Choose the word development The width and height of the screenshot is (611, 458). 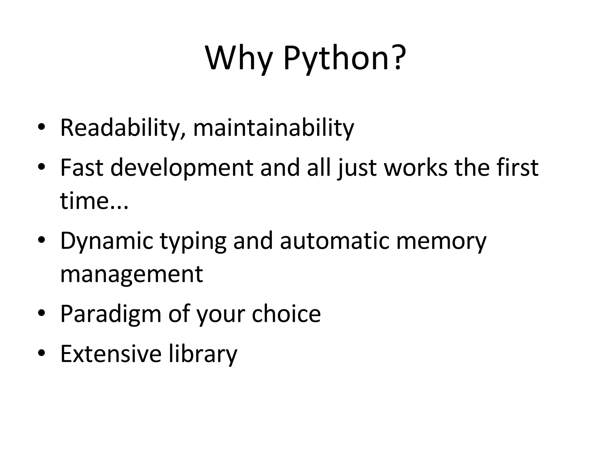[x=182, y=168]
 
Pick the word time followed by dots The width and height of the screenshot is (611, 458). [x=94, y=200]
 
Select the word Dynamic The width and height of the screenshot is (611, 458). [x=107, y=241]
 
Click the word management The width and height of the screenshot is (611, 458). [x=132, y=274]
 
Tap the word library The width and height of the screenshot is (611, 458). [x=203, y=354]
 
